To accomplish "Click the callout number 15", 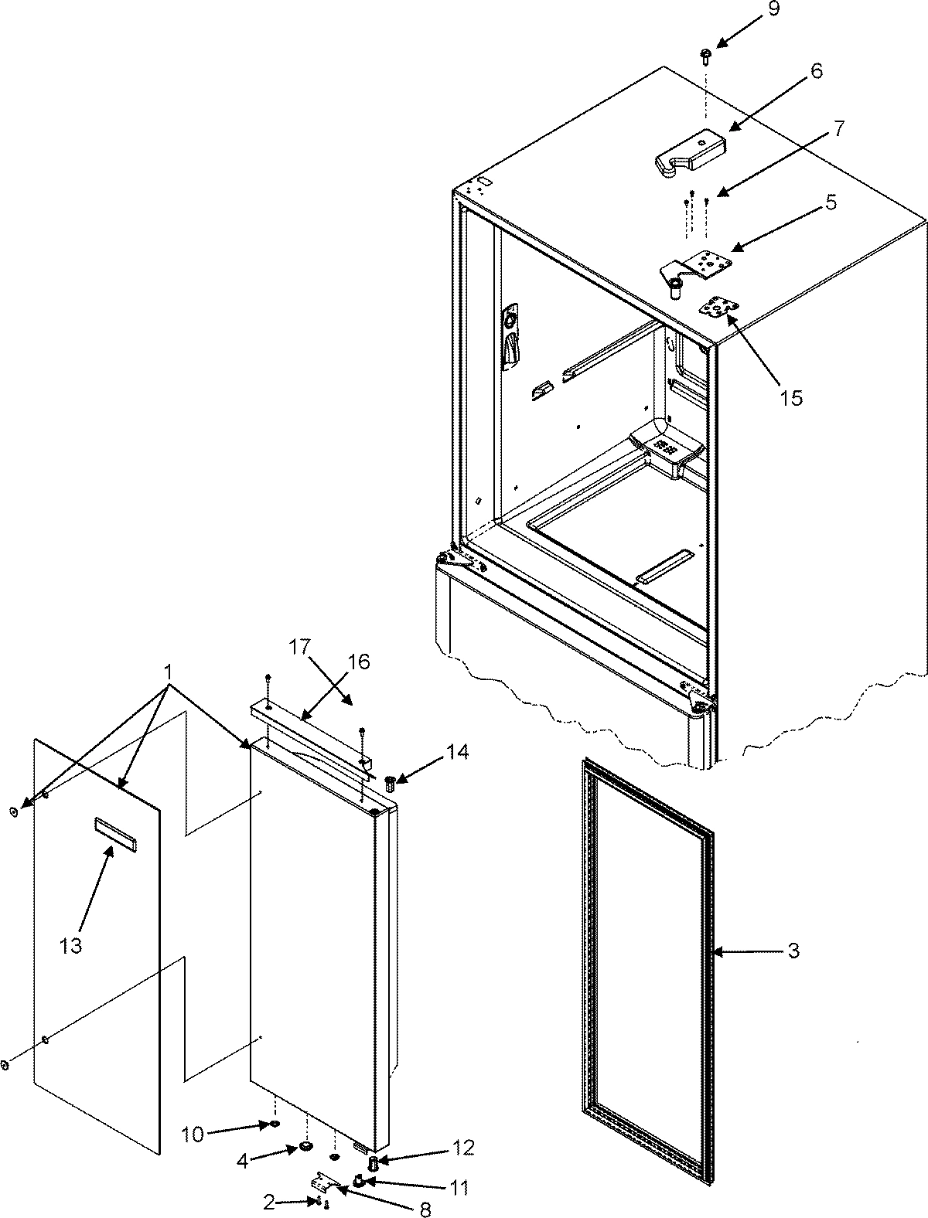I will tap(791, 398).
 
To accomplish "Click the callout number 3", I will tap(793, 951).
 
